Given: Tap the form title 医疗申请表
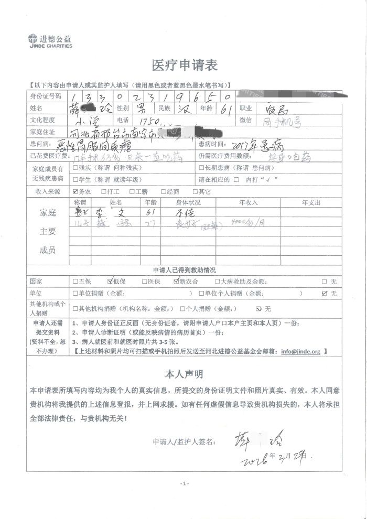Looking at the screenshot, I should coord(184,66).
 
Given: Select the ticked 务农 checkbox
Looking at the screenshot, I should coord(75,192).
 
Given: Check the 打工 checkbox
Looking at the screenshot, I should coord(104,192).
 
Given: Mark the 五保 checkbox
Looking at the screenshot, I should coord(75,282).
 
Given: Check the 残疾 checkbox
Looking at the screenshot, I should coord(75,168).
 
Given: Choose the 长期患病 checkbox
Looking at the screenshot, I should coord(201,168).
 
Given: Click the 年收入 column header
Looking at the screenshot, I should coord(249,202).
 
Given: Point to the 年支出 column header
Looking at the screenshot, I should coord(311,202).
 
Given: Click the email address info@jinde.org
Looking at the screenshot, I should coord(300,351).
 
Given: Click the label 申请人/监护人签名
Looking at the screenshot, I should coord(183,442).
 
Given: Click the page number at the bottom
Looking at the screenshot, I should coord(183,483).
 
